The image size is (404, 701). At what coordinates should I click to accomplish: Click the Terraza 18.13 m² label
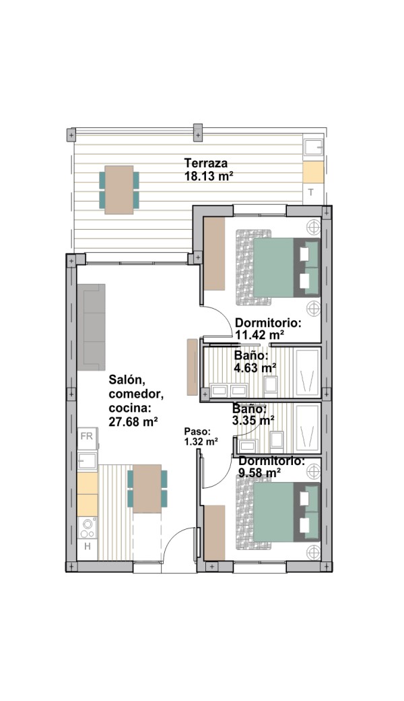click(x=209, y=169)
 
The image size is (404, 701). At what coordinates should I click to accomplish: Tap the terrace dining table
click(x=119, y=189)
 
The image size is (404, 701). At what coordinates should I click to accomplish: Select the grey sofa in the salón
click(x=91, y=328)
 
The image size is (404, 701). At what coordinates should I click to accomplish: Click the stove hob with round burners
click(x=88, y=528)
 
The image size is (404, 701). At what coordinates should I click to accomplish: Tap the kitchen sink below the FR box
click(x=88, y=461)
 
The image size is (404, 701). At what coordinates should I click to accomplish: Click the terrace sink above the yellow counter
click(x=312, y=148)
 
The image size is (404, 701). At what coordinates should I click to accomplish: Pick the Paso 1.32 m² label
click(x=201, y=437)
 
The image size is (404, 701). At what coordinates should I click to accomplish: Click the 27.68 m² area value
click(x=133, y=421)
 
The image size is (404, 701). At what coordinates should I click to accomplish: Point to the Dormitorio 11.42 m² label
click(x=268, y=329)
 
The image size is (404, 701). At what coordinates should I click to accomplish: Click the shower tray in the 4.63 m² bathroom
click(x=308, y=372)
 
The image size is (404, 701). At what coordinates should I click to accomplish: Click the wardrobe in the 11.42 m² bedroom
click(x=214, y=253)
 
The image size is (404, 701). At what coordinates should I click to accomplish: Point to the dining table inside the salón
click(x=147, y=489)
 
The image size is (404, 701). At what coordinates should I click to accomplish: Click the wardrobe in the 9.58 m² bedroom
click(x=214, y=532)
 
